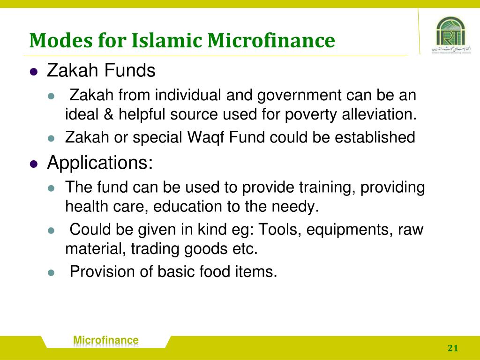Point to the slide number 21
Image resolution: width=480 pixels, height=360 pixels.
(x=452, y=348)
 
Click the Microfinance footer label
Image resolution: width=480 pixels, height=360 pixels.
(x=106, y=340)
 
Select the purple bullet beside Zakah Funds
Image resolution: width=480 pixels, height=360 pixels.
(x=33, y=72)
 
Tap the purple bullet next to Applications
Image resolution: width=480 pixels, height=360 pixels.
(x=33, y=164)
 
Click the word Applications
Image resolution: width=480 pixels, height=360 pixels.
(x=100, y=164)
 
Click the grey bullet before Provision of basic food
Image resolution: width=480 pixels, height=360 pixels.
(x=52, y=272)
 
